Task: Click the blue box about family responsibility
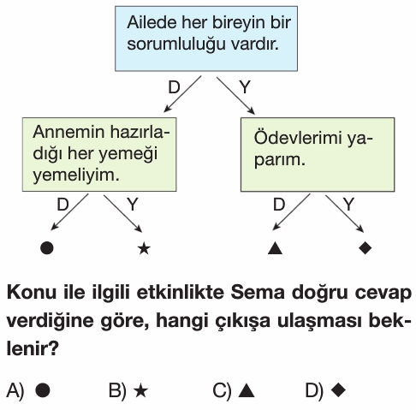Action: click(x=206, y=39)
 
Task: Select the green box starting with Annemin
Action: click(x=99, y=154)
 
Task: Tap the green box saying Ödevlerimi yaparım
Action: click(x=318, y=154)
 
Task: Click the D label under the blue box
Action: click(x=174, y=87)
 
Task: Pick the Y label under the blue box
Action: click(x=245, y=87)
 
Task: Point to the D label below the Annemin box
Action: click(x=62, y=205)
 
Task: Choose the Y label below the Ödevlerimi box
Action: click(x=348, y=205)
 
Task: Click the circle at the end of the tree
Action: click(x=47, y=247)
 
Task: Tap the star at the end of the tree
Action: click(x=144, y=248)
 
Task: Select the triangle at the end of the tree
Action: click(x=276, y=248)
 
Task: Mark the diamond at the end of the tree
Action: click(x=365, y=247)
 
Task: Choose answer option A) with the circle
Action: click(x=28, y=390)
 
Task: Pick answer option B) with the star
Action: click(x=128, y=390)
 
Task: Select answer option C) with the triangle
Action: click(x=234, y=390)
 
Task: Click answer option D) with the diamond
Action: click(x=325, y=390)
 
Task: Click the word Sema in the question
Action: click(x=258, y=293)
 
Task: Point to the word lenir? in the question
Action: click(x=33, y=348)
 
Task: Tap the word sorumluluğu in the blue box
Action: click(x=176, y=45)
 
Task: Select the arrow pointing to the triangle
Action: click(x=291, y=212)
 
